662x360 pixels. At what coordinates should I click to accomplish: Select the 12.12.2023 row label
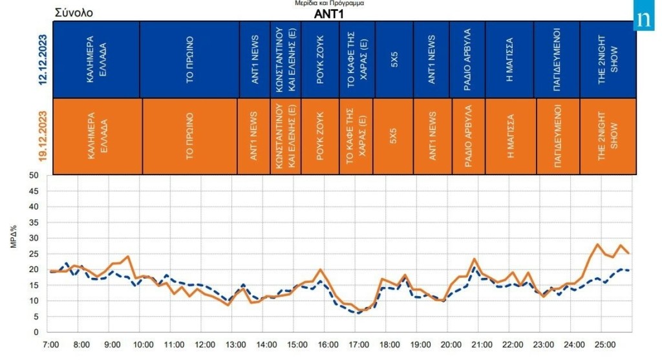43,59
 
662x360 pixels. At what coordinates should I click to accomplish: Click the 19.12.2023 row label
43,136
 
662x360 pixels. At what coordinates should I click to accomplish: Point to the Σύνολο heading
74,12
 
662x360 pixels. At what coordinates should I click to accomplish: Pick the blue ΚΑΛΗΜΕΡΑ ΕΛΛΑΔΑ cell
96,59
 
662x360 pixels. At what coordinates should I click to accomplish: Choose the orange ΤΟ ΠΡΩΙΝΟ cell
190,136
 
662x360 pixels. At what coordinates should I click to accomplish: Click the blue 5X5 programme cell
394,59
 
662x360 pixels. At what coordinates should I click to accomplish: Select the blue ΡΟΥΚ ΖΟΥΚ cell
320,59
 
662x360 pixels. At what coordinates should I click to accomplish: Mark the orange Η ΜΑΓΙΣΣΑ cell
511,136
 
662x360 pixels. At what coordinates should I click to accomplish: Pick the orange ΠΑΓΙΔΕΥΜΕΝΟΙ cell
558,136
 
